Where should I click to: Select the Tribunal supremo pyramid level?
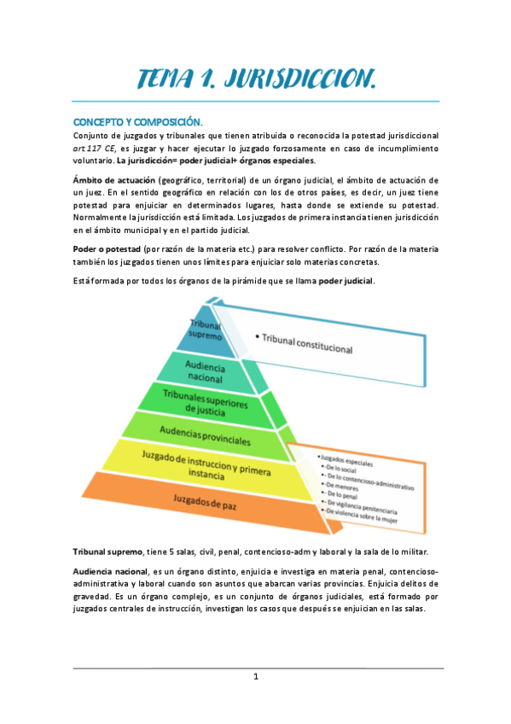[205, 330]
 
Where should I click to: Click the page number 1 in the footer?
[256, 676]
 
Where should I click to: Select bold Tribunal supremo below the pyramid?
[107, 552]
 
